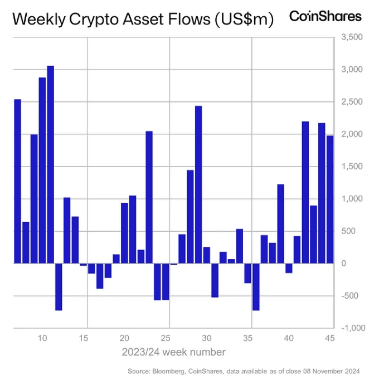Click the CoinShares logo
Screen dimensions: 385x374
[x=325, y=16]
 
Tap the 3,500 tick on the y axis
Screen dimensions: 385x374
[x=352, y=37]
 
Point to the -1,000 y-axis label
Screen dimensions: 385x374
[x=351, y=328]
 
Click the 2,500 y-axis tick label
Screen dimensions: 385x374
[x=352, y=102]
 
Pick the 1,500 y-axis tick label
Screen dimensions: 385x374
[x=352, y=167]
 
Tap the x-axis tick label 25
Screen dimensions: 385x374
[x=166, y=338]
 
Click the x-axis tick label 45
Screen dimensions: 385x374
[x=330, y=338]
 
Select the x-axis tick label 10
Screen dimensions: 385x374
[x=42, y=338]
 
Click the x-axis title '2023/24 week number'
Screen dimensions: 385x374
[x=174, y=352]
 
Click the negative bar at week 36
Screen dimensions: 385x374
[x=256, y=286]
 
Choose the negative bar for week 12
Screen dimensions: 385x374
[x=59, y=286]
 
